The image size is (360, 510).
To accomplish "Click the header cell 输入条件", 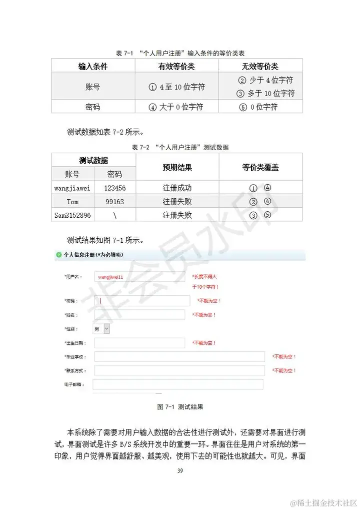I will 93,66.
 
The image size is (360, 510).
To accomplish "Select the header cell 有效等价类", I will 176,66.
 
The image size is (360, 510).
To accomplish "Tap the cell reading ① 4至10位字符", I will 176,87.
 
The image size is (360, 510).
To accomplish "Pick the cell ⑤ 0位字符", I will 260,107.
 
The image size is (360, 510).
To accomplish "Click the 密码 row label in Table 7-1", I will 93,107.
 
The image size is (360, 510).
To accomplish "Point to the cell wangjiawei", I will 72,188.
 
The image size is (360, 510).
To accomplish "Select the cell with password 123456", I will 114,188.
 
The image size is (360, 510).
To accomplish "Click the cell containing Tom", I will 72,202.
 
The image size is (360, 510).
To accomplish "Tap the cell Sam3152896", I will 72,215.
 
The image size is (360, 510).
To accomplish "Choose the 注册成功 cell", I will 177,188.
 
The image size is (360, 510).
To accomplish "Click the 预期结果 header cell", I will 177,167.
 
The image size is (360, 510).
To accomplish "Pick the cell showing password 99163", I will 114,202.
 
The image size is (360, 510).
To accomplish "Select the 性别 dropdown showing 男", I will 101,329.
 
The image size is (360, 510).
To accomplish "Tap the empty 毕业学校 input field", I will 179,357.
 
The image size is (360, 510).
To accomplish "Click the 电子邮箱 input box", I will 178,384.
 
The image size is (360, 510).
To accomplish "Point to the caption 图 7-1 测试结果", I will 180,407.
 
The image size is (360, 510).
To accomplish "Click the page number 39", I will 180,471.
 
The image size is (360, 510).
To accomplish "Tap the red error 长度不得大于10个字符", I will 205,281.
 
